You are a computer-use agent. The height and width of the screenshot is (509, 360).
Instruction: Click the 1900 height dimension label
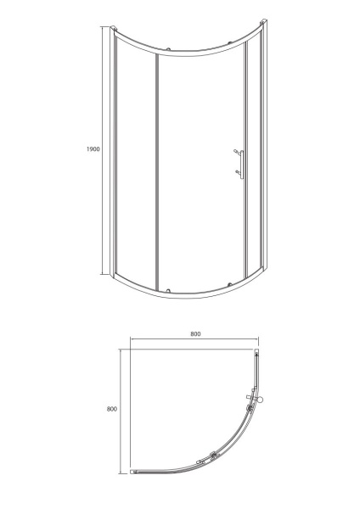(x=93, y=149)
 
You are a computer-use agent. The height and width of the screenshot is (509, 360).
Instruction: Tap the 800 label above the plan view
(x=195, y=333)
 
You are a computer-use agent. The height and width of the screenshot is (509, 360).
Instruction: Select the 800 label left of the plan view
(x=112, y=409)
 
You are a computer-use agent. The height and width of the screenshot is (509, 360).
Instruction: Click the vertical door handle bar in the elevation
(x=242, y=165)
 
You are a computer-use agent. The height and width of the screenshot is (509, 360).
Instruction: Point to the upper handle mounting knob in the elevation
(x=236, y=151)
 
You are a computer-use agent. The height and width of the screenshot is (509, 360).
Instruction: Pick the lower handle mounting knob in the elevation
(x=238, y=171)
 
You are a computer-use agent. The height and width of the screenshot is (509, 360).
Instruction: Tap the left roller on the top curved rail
(x=168, y=50)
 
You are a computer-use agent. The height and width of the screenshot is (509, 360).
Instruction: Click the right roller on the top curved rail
(x=230, y=42)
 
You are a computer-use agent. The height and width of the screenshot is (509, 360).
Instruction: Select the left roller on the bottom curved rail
(x=168, y=290)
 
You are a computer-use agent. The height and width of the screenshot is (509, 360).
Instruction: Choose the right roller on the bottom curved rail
(x=230, y=284)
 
